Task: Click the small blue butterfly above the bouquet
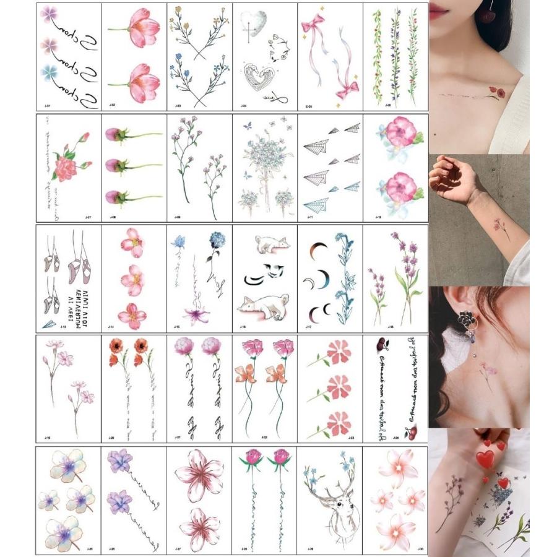248,125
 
